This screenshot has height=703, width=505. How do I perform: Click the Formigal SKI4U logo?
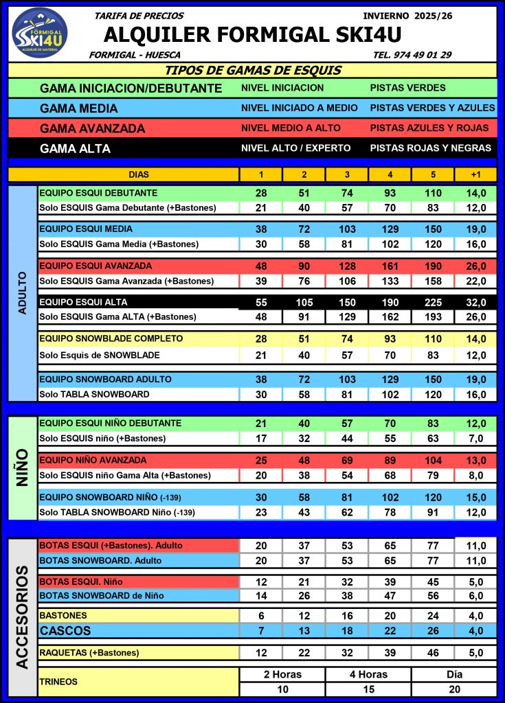click(x=40, y=32)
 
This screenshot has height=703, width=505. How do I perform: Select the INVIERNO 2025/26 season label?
click(x=407, y=15)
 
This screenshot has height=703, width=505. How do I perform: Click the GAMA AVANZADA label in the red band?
click(x=93, y=128)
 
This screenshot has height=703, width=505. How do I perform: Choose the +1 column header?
click(x=475, y=174)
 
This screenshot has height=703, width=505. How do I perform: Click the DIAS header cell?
click(x=139, y=174)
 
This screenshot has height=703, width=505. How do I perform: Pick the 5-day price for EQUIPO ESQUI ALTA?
click(x=432, y=302)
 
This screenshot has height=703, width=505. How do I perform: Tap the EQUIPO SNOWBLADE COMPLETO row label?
click(x=111, y=338)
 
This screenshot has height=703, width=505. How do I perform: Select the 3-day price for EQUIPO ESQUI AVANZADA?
click(x=347, y=266)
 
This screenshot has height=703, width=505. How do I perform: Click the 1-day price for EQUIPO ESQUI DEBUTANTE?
click(x=260, y=194)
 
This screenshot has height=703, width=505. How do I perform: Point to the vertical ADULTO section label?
click(x=23, y=293)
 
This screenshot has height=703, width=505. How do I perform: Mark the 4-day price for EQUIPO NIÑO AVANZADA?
click(x=390, y=460)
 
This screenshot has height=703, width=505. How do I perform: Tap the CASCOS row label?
click(x=65, y=631)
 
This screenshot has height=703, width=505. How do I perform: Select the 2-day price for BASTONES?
click(x=304, y=616)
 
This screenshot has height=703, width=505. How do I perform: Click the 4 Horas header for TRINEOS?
click(x=368, y=674)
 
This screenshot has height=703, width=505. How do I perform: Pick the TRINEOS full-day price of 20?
click(x=453, y=689)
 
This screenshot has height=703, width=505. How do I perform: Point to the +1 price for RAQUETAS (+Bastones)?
click(x=475, y=652)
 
